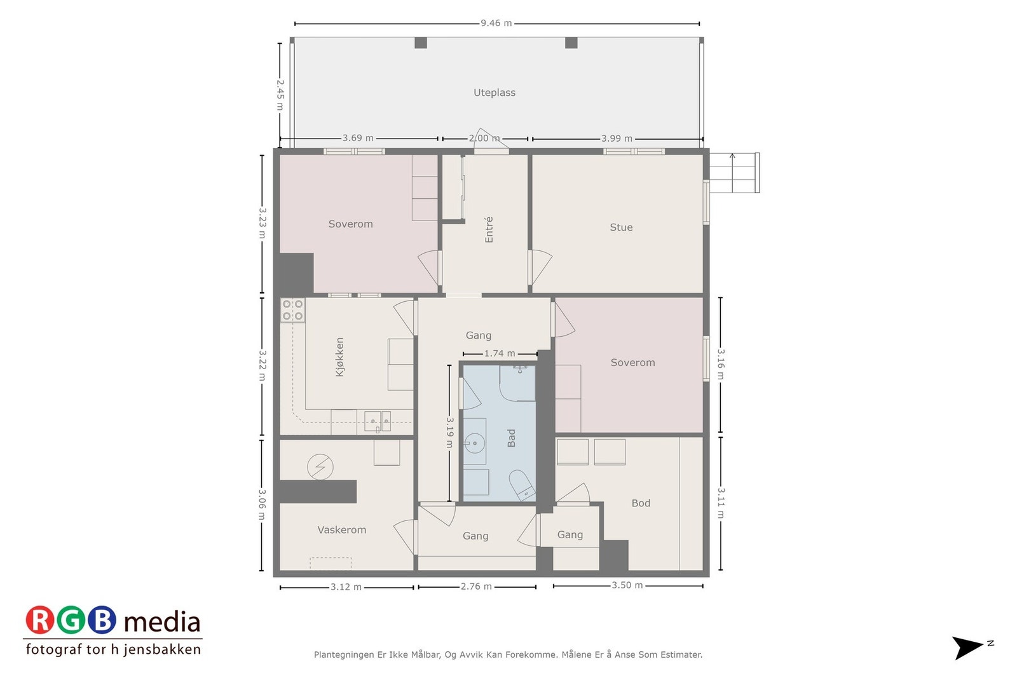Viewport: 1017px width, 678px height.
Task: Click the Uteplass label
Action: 495,93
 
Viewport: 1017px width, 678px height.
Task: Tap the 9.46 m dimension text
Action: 496,24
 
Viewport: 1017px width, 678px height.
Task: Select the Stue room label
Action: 621,227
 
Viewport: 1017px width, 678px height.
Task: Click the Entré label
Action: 489,229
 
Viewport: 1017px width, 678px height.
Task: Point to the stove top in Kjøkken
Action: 292,310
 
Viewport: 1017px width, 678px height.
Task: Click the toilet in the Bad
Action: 523,486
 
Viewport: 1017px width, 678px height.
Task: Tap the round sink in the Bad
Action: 474,443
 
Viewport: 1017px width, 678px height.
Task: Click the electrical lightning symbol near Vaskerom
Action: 320,467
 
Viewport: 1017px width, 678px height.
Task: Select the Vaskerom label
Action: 341,530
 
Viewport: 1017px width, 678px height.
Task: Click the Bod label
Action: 641,503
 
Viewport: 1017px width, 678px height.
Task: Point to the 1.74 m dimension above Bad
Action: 499,353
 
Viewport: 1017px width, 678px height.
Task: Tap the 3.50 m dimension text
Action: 627,585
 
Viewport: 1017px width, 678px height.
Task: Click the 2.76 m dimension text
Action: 476,586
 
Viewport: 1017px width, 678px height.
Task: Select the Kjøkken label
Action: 339,357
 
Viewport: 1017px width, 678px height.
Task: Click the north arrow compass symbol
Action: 968,647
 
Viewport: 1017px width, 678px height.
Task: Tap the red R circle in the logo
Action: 40,621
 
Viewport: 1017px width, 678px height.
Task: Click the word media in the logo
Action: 162,622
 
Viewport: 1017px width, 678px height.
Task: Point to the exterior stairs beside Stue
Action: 734,173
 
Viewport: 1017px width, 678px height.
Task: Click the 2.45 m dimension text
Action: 280,94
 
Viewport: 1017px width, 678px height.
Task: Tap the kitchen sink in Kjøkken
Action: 378,421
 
